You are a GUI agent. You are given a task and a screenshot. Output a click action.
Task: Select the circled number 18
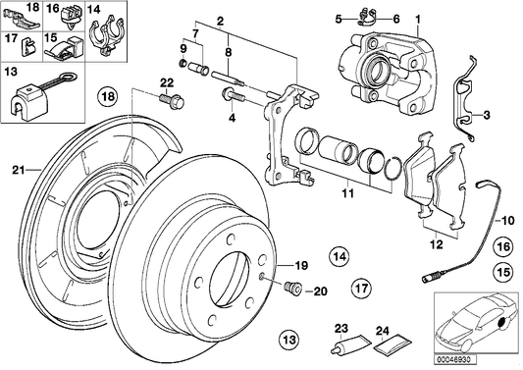click(x=107, y=96)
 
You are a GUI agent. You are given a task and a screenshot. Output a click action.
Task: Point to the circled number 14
click(x=339, y=258)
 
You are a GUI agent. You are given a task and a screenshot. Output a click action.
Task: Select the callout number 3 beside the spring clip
click(x=484, y=117)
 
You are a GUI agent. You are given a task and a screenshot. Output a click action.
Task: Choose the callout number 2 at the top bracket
click(x=221, y=20)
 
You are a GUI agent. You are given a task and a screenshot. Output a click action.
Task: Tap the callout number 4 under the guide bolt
click(x=233, y=119)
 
